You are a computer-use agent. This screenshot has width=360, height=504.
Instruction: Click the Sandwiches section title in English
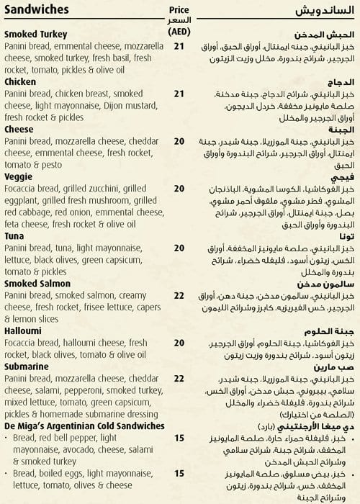[x=36, y=10]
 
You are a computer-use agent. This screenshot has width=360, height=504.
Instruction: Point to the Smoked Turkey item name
[x=35, y=34]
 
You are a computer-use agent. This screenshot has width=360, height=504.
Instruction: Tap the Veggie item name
[x=19, y=176]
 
